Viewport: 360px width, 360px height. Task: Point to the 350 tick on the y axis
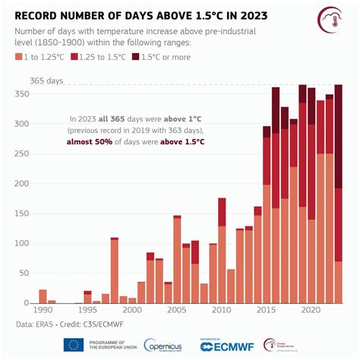click(24, 93)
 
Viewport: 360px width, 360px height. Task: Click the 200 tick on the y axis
click(24, 183)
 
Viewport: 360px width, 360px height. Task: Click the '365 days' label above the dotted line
click(46, 81)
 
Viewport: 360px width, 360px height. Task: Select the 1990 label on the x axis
click(43, 311)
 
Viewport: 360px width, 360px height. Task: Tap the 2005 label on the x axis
click(177, 311)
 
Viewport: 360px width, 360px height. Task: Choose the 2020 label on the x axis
click(311, 311)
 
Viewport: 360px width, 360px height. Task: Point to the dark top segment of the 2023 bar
click(338, 137)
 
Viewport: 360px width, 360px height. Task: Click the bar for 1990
click(43, 296)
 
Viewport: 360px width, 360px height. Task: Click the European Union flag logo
click(74, 345)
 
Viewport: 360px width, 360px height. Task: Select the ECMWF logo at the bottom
click(227, 346)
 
